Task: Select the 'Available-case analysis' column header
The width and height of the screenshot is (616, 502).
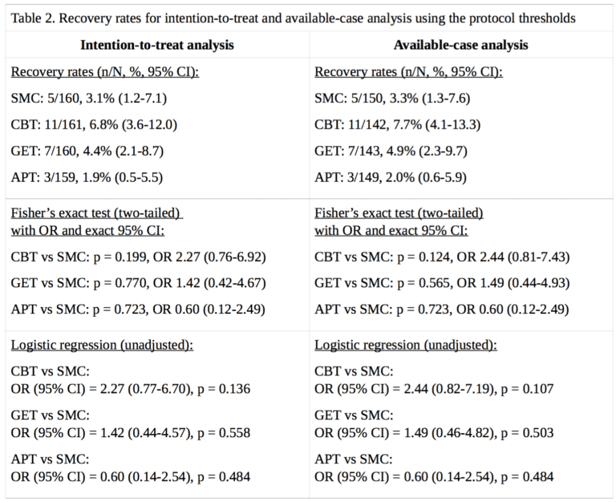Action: click(461, 45)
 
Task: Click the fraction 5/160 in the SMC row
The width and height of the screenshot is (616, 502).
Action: click(60, 99)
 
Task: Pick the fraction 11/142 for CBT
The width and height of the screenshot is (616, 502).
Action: click(365, 126)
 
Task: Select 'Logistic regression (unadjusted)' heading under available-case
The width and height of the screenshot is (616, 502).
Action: click(406, 346)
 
